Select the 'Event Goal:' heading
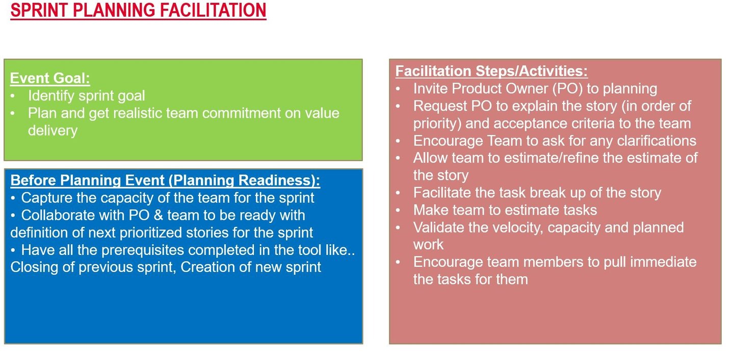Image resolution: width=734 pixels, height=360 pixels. [x=50, y=79]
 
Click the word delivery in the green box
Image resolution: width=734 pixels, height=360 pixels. [x=53, y=131]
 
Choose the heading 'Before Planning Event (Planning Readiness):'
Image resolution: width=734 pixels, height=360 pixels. [x=165, y=181]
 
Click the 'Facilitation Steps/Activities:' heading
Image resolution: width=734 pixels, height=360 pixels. [x=491, y=71]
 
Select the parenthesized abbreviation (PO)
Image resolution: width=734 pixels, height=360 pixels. [x=567, y=89]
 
